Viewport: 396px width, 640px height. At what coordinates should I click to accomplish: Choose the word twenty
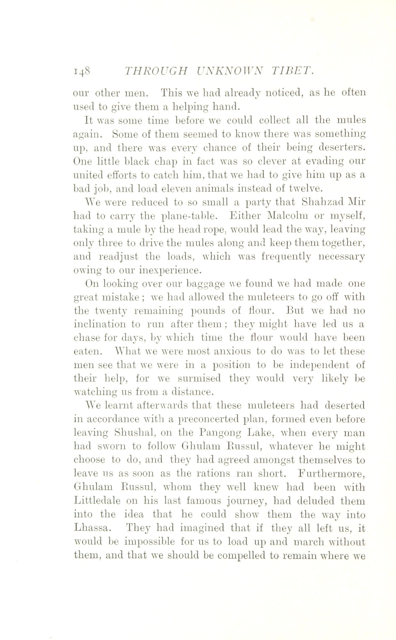tap(111, 311)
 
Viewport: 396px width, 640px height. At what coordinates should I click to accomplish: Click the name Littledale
tap(97, 501)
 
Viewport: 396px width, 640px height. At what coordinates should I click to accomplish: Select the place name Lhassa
tap(91, 528)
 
